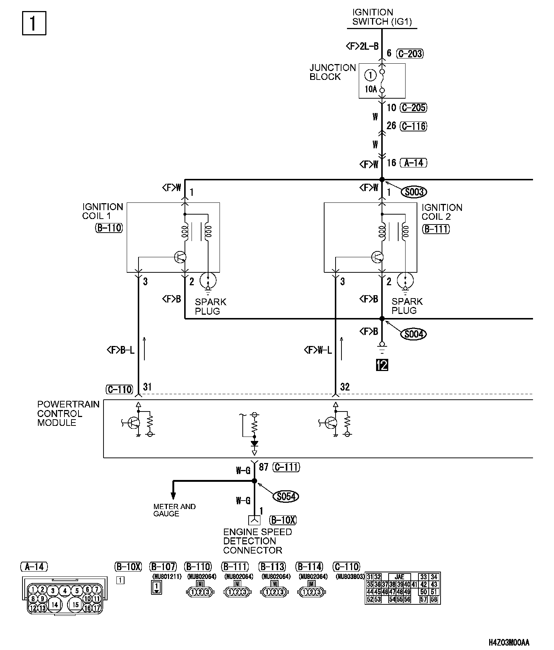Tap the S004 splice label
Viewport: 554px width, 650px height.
click(414, 334)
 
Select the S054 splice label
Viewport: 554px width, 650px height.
click(286, 497)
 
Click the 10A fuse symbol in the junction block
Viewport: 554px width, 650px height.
click(382, 81)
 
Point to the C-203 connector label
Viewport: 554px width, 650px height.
click(410, 54)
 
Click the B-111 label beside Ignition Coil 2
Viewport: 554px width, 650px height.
click(436, 229)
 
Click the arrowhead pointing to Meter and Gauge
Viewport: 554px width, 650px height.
click(173, 495)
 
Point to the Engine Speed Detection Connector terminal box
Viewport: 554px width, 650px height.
click(255, 520)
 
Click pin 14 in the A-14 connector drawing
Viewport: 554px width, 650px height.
click(55, 604)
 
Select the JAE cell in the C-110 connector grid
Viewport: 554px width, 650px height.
click(399, 577)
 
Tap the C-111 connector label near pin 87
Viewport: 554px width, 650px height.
click(286, 467)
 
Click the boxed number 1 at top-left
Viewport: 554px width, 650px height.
click(34, 24)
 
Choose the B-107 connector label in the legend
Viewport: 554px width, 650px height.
click(163, 566)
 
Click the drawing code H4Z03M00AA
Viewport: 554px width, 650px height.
click(509, 643)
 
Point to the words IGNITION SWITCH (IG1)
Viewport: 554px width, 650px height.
click(382, 17)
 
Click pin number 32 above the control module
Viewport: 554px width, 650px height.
click(345, 387)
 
